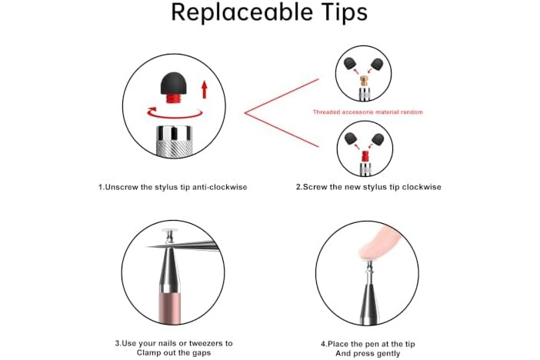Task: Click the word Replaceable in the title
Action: [x=242, y=12]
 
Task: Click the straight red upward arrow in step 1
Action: [x=204, y=89]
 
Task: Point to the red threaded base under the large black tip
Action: [x=175, y=99]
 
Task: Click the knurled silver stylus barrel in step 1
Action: [x=175, y=142]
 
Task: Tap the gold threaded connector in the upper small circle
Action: [x=364, y=82]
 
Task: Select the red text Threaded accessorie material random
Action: [x=368, y=112]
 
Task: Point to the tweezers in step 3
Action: [x=182, y=245]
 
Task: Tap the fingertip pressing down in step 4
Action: [x=378, y=244]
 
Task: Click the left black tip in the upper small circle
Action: [x=351, y=64]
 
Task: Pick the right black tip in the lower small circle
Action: [x=378, y=139]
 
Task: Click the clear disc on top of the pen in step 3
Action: [x=169, y=231]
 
